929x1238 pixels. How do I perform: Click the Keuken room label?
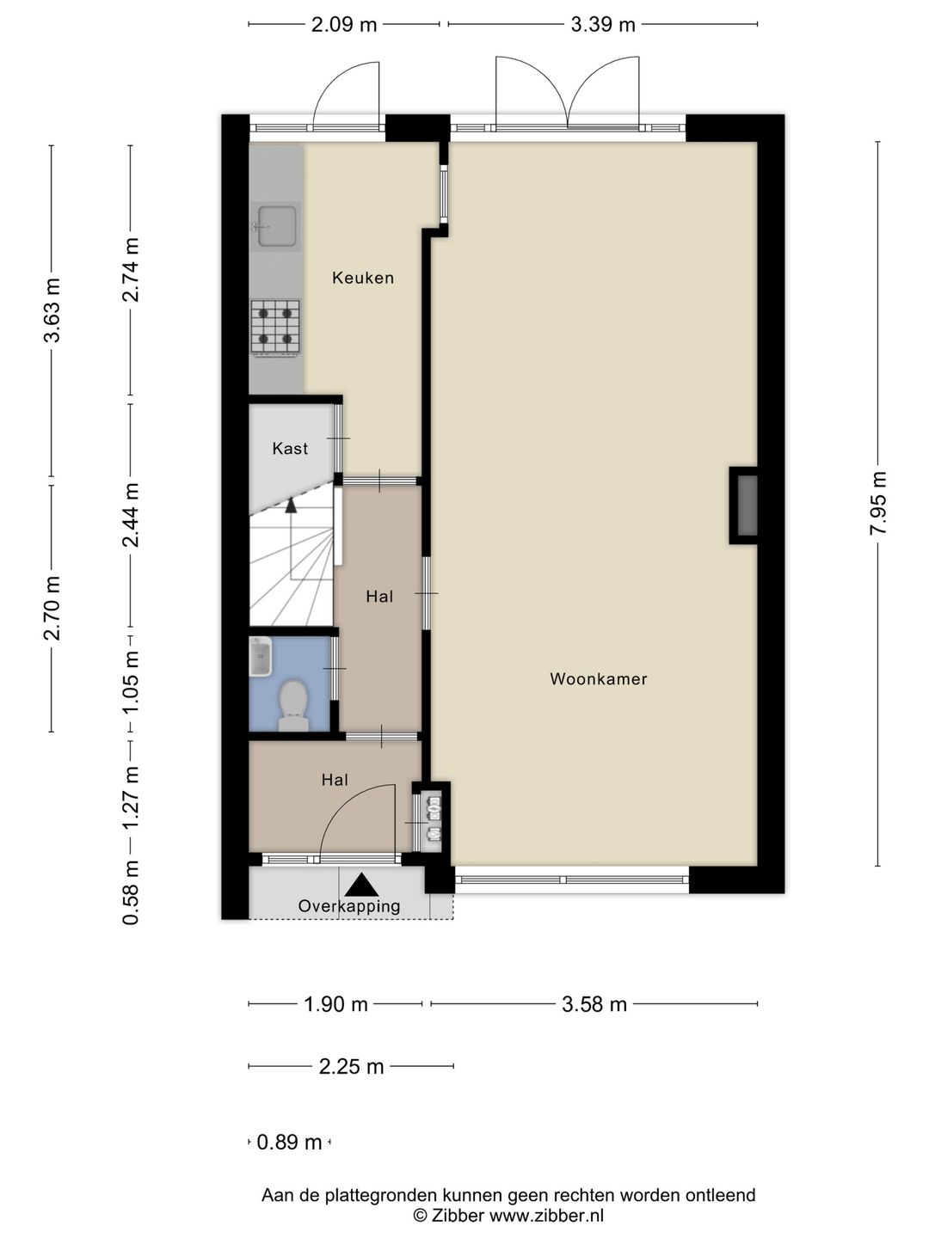363,278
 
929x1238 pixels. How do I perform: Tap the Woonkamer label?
599,678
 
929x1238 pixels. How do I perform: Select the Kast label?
290,449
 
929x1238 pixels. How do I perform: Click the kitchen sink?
276,226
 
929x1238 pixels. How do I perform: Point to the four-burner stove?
275,328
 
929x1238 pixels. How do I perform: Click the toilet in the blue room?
293,704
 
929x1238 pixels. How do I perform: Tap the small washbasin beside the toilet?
261,656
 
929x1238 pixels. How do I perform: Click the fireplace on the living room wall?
743,506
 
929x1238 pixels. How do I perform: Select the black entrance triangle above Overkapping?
361,884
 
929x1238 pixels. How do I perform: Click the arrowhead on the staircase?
291,505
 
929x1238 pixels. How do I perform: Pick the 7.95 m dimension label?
878,503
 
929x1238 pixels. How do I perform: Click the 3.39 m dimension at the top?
603,25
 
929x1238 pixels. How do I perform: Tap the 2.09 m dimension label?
344,25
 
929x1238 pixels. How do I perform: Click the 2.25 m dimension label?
351,1067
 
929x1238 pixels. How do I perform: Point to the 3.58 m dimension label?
594,1004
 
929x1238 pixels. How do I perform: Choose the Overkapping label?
349,906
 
